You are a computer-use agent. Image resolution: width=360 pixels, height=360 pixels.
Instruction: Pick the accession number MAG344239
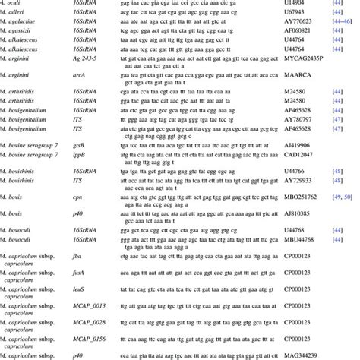pos(296,354)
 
